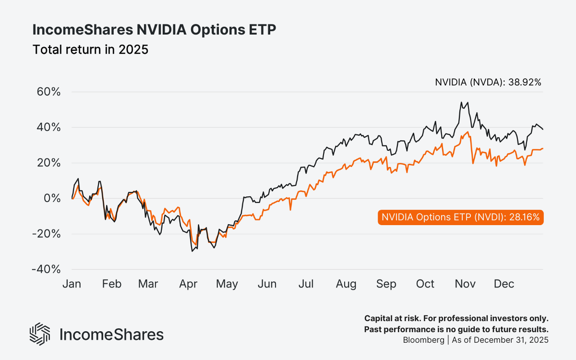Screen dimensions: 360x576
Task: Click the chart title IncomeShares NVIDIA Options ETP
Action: [x=154, y=30]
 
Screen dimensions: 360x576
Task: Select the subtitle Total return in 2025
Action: [x=90, y=49]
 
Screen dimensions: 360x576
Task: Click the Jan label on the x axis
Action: [x=72, y=284]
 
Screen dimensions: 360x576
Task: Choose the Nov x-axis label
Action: [x=465, y=284]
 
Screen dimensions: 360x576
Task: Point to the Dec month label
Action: [x=504, y=284]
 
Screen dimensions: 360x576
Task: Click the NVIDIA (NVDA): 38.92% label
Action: [x=488, y=82]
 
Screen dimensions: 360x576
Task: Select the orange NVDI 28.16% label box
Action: [x=460, y=217]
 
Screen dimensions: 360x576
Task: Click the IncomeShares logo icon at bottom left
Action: [x=40, y=334]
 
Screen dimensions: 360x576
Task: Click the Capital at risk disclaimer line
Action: [x=456, y=318]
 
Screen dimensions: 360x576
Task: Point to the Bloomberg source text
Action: [x=421, y=340]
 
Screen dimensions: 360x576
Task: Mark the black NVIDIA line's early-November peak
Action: [x=461, y=102]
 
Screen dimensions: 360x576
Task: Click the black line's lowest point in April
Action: [x=192, y=251]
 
